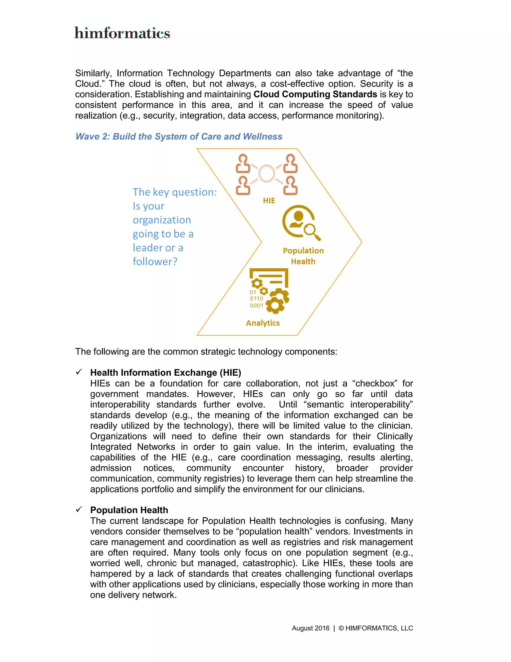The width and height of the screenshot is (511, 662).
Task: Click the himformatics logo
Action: pos(122,33)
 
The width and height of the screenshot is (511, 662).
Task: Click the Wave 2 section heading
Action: pos(179,136)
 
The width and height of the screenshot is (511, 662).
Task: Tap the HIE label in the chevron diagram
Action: pos(269,201)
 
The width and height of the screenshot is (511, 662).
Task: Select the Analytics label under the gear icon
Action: pos(263,323)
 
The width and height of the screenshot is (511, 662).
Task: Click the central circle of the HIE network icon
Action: pos(267,173)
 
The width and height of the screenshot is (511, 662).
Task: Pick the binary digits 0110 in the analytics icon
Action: pos(256,299)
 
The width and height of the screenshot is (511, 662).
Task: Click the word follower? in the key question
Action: pos(155,262)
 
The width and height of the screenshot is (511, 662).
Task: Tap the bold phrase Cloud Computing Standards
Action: pos(315,94)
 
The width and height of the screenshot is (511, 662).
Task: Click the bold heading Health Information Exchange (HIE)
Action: pos(166,372)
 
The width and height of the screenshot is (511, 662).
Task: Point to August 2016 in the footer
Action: pos(310,628)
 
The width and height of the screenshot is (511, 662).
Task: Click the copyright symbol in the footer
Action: pos(341,628)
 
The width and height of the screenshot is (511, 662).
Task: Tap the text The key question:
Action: pos(175,192)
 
